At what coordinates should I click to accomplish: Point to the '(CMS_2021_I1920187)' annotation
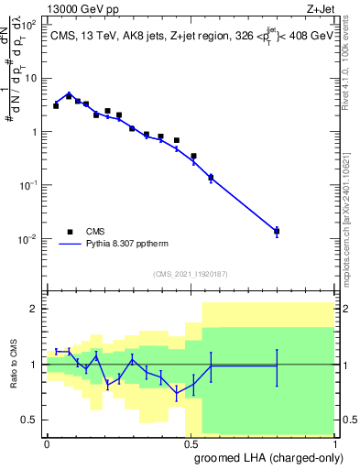[191, 274]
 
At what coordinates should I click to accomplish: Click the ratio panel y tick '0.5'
[30, 420]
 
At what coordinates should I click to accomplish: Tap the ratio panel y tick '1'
[35, 365]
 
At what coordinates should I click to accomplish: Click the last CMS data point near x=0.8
[277, 231]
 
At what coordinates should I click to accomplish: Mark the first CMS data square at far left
[56, 106]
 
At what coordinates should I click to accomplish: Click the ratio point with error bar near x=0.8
[277, 365]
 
